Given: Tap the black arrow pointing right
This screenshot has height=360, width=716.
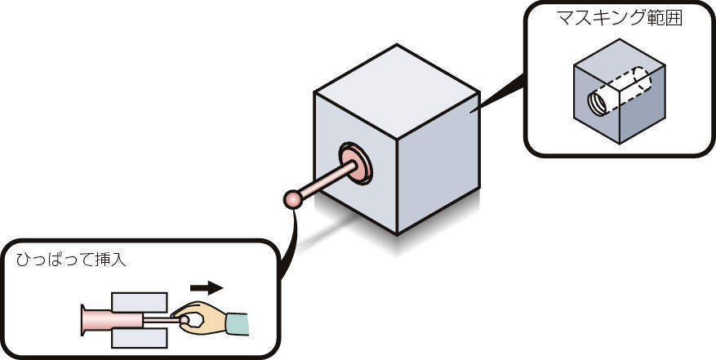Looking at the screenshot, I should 206,287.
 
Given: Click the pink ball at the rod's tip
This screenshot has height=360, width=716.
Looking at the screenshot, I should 292,199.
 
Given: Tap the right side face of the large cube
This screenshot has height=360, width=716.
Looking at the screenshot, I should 440,163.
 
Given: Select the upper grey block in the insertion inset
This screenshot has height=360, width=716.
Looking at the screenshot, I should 140,301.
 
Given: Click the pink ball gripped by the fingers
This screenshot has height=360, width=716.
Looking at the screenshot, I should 185,321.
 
